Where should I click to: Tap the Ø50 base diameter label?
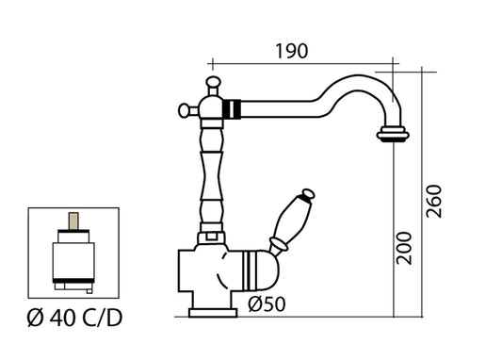click(x=268, y=304)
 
